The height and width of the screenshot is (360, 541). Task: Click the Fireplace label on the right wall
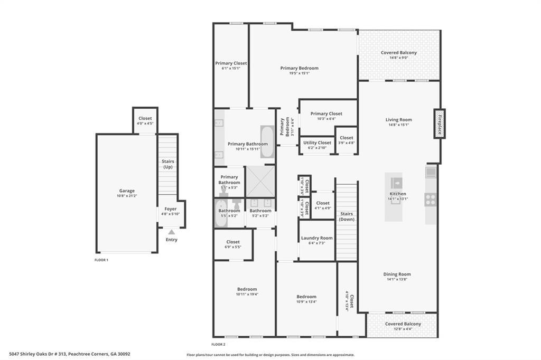[438, 124]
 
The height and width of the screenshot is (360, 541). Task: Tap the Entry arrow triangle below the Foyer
[171, 232]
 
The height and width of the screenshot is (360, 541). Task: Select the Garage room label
[127, 191]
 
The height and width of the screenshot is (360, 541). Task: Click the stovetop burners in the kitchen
[430, 200]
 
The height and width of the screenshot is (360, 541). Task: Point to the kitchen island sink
[396, 183]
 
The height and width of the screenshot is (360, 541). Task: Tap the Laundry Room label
[317, 238]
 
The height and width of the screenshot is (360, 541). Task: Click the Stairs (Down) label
[347, 216]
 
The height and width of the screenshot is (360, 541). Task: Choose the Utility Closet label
[317, 143]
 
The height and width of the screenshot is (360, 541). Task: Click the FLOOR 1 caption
[101, 260]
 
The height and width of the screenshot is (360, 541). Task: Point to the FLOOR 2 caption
[219, 344]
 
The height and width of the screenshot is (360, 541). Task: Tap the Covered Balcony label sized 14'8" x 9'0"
[399, 53]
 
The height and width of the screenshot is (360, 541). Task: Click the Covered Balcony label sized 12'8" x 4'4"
[403, 324]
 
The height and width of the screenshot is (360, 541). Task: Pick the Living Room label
[399, 120]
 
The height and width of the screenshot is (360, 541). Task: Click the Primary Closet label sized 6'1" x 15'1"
[231, 63]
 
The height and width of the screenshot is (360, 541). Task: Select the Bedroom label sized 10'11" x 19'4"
[247, 289]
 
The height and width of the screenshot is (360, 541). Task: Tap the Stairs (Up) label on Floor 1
[168, 164]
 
